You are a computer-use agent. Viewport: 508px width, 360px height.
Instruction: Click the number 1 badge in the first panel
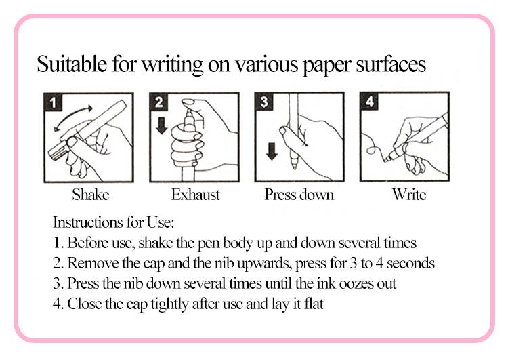tap(53, 102)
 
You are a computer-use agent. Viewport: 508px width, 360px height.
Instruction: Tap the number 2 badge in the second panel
tap(158, 102)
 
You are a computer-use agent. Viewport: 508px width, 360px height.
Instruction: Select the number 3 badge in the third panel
tap(264, 102)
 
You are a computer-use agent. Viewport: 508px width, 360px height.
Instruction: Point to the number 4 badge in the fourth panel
tap(369, 101)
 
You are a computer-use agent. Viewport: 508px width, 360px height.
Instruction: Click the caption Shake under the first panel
tap(90, 195)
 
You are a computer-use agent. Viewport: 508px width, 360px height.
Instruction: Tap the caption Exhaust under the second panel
tap(195, 195)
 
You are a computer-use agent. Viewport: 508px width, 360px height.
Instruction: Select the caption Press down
tap(299, 195)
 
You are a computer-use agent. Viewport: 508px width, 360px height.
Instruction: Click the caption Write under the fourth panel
tap(409, 195)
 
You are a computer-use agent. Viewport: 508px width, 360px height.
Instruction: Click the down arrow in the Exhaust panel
tap(162, 125)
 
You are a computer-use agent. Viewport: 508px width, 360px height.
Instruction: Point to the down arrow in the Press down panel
tap(272, 151)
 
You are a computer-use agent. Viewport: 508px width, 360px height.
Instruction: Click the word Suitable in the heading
tap(72, 64)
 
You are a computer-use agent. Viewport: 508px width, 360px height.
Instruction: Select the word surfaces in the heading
tap(391, 64)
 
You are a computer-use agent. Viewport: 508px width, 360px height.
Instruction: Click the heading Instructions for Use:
tap(113, 222)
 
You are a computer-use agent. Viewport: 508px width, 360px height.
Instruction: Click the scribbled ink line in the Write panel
tap(373, 145)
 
